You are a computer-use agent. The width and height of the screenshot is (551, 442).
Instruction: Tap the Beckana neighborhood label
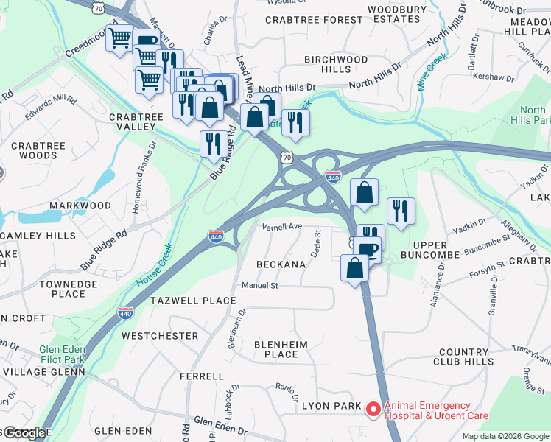tap(281, 264)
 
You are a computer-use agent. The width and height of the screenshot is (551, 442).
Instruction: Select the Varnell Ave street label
tap(282, 227)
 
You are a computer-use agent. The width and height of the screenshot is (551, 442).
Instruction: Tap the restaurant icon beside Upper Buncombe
tap(400, 211)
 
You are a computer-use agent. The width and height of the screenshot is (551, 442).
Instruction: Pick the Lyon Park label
tap(331, 406)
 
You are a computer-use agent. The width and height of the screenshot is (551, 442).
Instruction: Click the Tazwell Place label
tap(193, 301)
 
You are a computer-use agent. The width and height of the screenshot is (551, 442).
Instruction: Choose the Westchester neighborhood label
tap(160, 336)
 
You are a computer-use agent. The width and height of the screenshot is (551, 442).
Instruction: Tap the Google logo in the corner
tap(24, 434)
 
